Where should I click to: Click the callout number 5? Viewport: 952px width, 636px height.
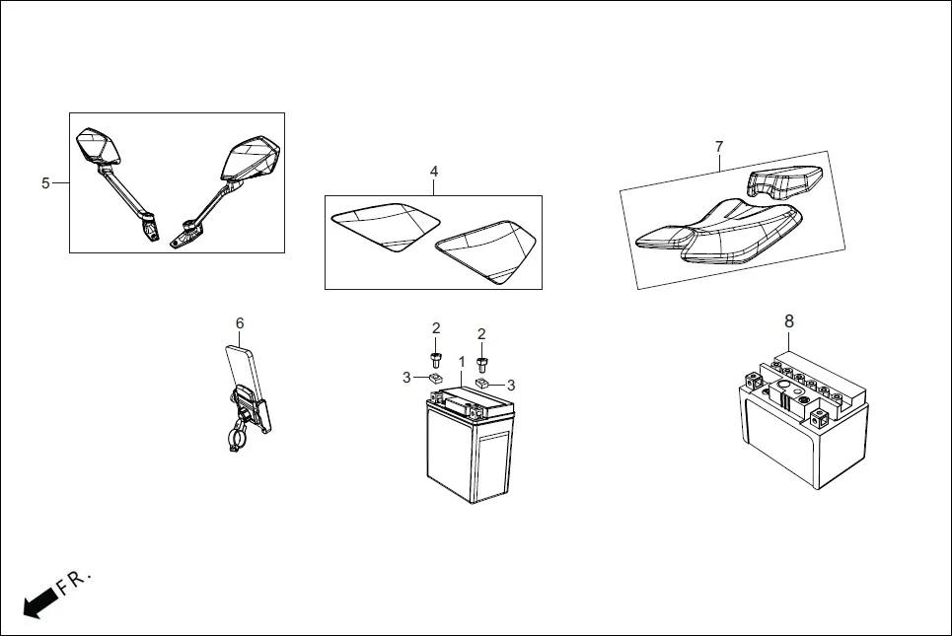45,183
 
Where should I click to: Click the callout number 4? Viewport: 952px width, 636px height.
433,172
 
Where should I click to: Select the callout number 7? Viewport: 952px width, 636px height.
719,147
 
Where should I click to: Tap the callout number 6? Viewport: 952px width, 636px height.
239,322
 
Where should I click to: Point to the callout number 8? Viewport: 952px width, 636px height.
788,320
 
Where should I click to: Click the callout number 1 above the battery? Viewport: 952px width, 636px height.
461,363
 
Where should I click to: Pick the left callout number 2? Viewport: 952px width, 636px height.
435,328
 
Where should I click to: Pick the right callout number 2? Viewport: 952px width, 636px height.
481,333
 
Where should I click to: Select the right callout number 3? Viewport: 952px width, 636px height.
511,385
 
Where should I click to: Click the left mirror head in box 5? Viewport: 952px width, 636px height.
98,146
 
